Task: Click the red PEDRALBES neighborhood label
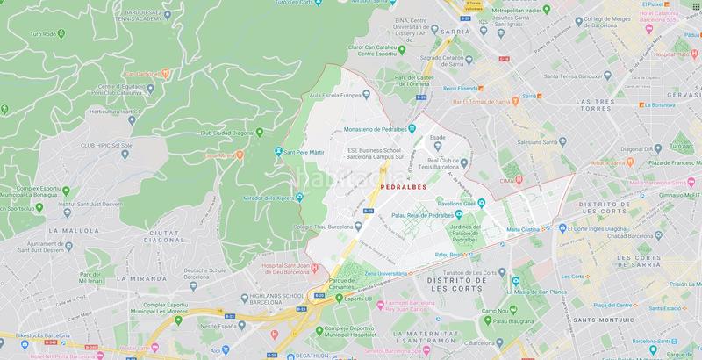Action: pos(404,187)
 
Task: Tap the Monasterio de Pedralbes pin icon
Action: pos(410,130)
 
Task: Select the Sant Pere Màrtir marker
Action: pos(278,151)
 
